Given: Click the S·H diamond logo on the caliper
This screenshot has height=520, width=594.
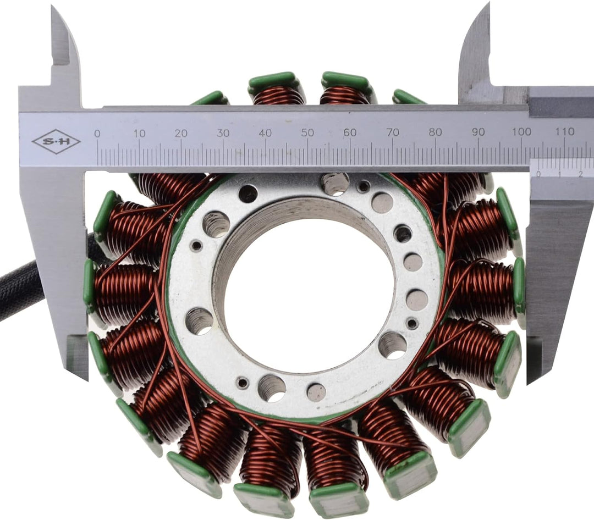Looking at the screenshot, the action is [56, 142].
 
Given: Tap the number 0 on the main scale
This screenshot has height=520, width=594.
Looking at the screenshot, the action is [97, 134].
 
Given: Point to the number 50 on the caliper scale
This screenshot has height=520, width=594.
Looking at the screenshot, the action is [307, 132].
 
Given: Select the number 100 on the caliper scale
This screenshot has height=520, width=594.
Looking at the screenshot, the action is [521, 131].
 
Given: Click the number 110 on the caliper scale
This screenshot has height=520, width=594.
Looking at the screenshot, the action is [565, 131].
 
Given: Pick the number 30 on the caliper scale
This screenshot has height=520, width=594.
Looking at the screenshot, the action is [223, 133].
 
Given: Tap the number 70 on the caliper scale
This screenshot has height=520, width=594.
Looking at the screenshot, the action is [393, 132].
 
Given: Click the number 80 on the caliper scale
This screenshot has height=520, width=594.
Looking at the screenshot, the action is [436, 132].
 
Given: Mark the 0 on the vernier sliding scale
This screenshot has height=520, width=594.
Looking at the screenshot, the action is [538, 174].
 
